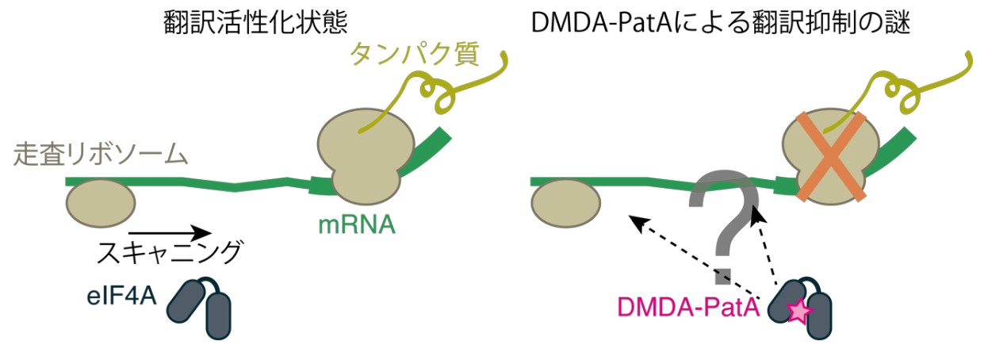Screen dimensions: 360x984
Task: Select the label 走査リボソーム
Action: click(x=100, y=154)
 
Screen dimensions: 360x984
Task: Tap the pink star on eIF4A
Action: click(x=798, y=312)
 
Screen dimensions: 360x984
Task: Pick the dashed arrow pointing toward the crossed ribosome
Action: click(x=765, y=246)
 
